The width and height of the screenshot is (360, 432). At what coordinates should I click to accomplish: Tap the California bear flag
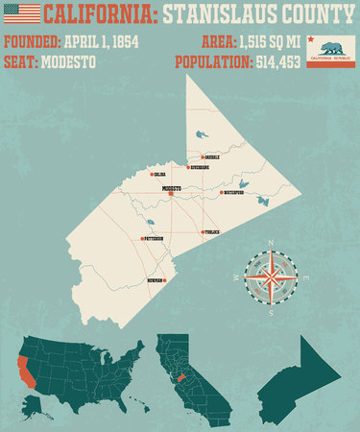point(330,52)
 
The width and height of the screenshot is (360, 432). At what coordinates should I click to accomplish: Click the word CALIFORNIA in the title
point(97,14)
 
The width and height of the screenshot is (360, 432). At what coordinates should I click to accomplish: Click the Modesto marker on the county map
point(171,194)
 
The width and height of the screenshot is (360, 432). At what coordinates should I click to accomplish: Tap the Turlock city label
point(215,232)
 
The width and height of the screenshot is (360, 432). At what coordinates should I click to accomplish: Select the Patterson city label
point(154,238)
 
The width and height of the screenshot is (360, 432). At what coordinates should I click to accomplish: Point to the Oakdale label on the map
point(213,156)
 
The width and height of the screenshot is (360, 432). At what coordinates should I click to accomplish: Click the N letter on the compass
point(271,242)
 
